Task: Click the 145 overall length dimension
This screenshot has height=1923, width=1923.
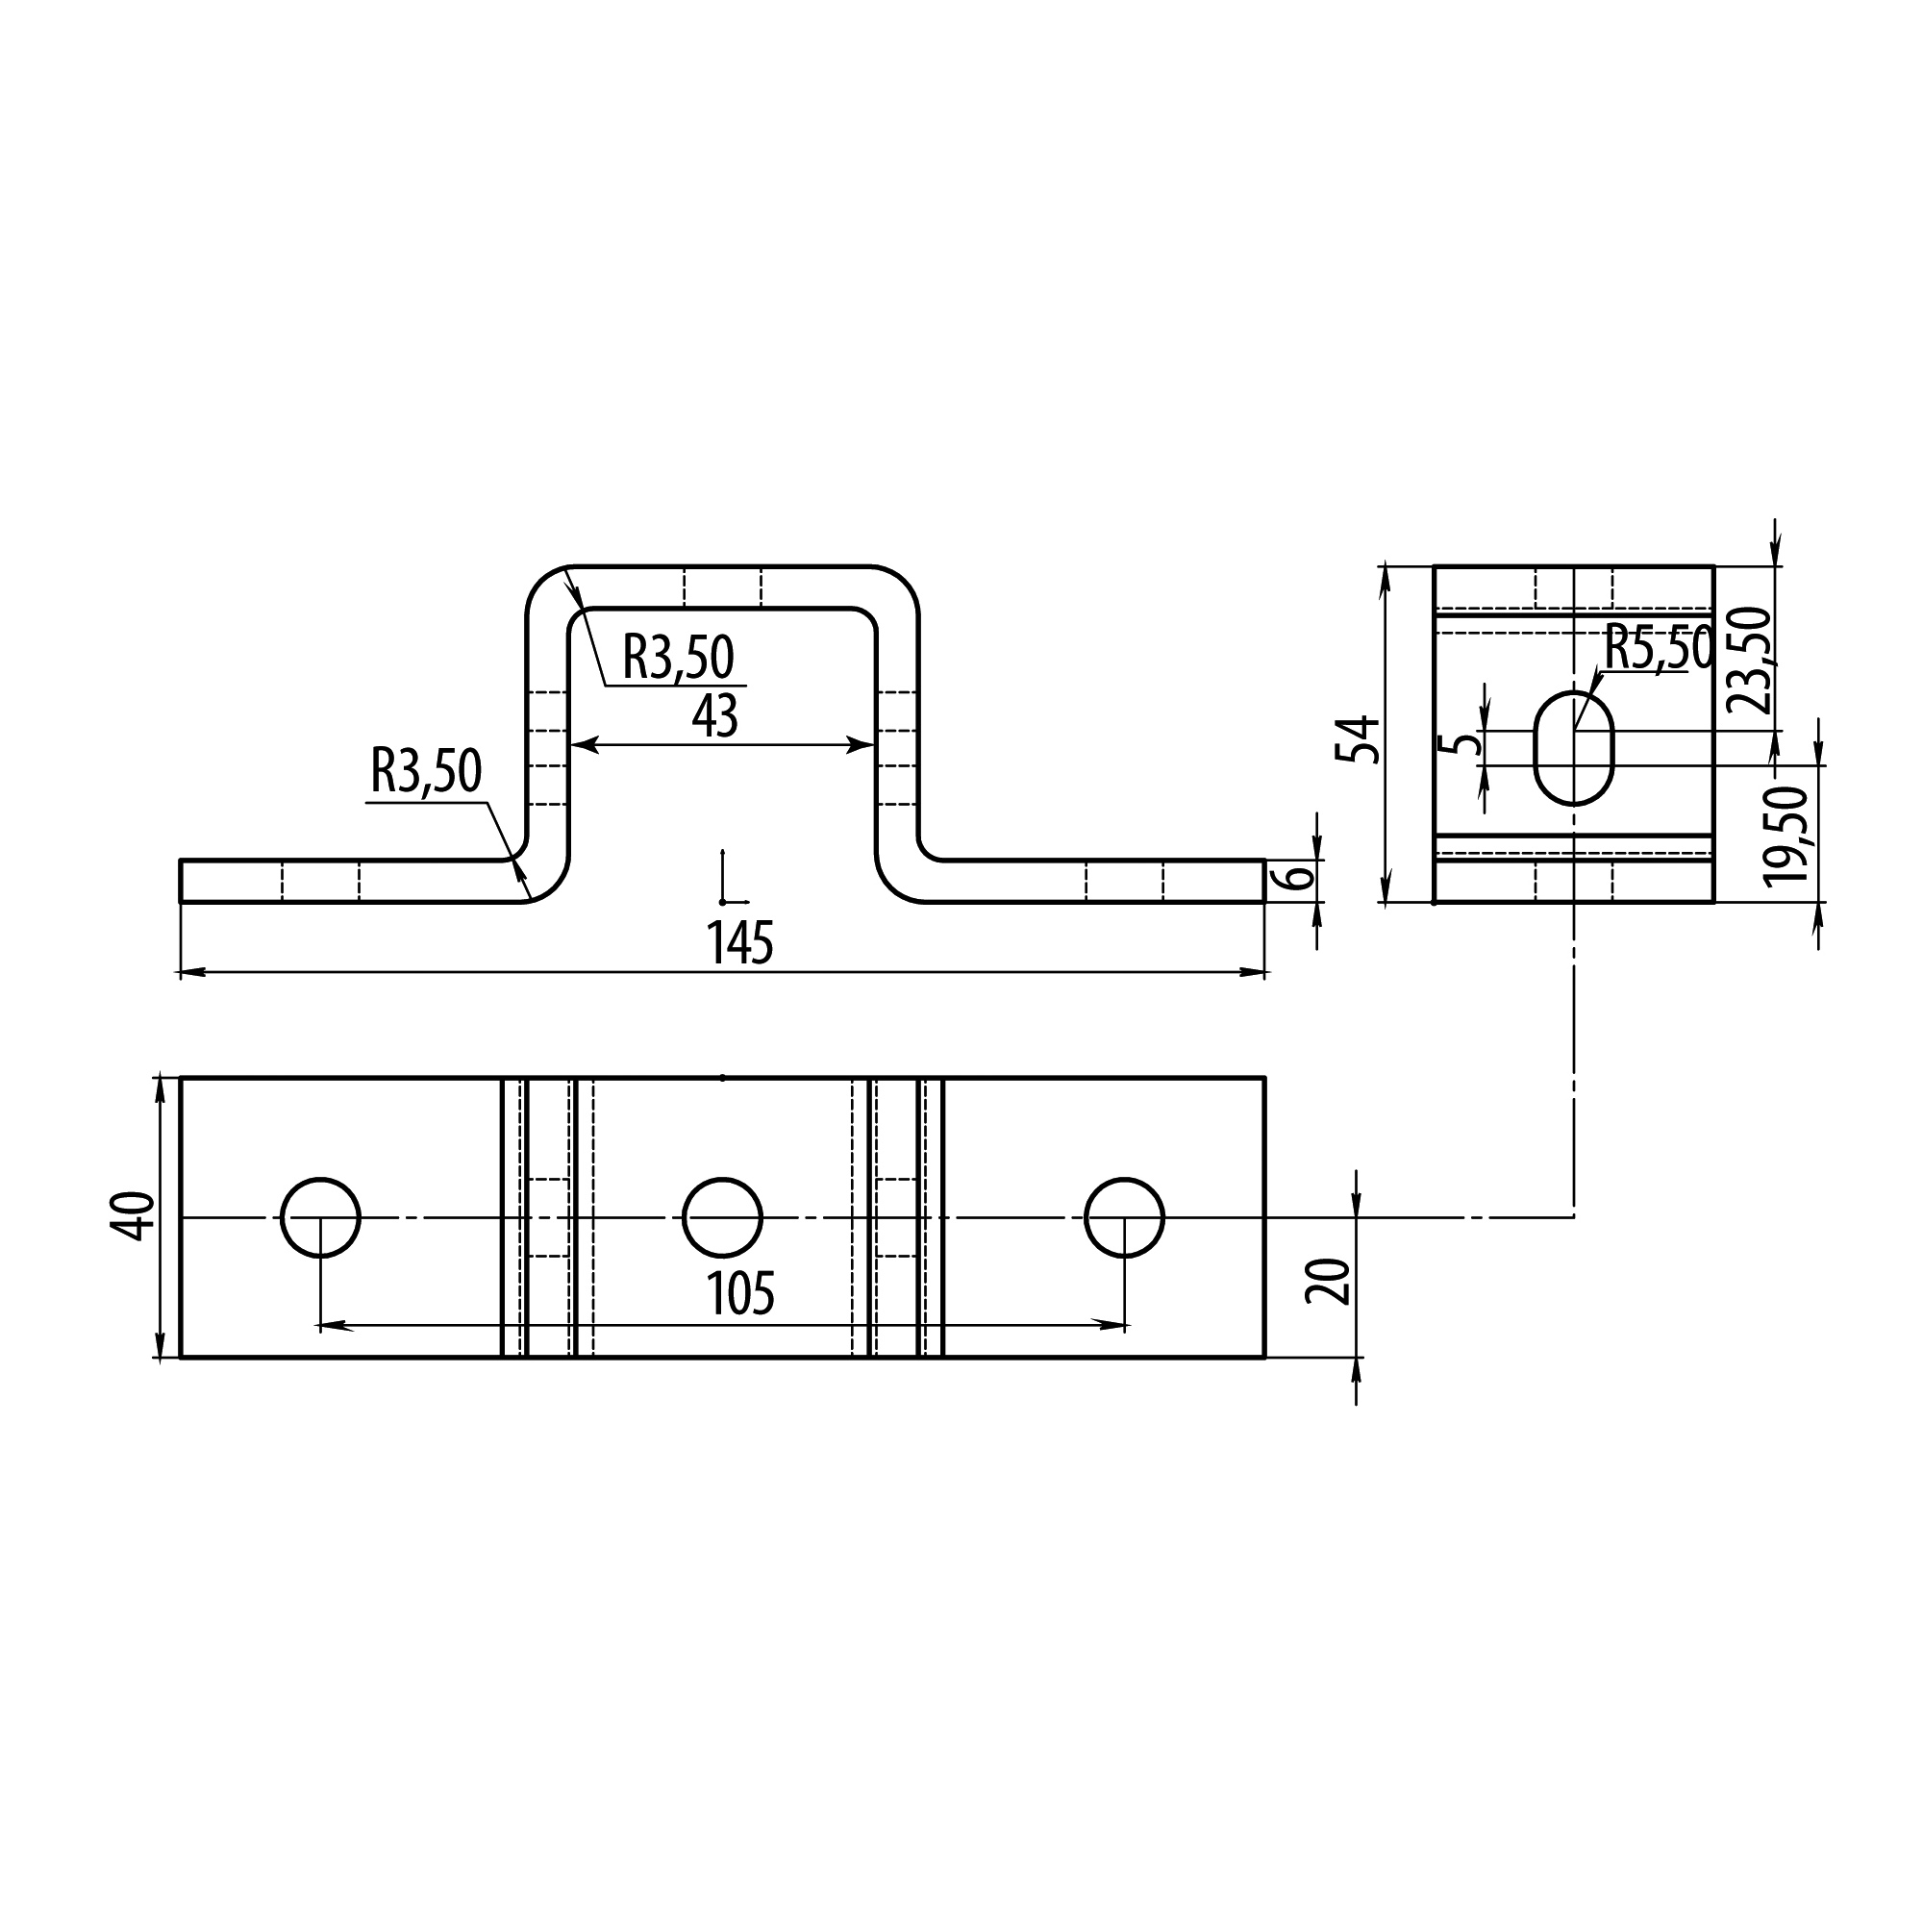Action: [739, 942]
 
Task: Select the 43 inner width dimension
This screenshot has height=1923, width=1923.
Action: [714, 716]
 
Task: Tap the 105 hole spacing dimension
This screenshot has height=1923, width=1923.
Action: [740, 1295]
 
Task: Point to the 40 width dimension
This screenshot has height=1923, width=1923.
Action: [134, 1216]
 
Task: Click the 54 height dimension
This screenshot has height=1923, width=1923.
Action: [1360, 737]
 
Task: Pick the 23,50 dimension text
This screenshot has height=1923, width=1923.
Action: [1750, 660]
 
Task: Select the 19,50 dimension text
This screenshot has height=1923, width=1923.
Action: [1786, 834]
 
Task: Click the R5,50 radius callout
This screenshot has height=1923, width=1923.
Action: [1659, 649]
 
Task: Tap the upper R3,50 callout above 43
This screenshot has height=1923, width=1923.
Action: [678, 657]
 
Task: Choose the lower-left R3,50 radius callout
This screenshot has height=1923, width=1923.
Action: [426, 771]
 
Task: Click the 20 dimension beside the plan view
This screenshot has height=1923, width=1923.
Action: [1331, 1281]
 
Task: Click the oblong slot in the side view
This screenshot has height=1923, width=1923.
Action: [1574, 747]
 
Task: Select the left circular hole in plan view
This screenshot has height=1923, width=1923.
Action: [320, 1217]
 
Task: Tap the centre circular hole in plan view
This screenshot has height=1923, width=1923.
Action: [723, 1217]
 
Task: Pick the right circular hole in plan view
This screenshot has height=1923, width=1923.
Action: [1124, 1217]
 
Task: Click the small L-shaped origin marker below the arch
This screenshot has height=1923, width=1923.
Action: [727, 886]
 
